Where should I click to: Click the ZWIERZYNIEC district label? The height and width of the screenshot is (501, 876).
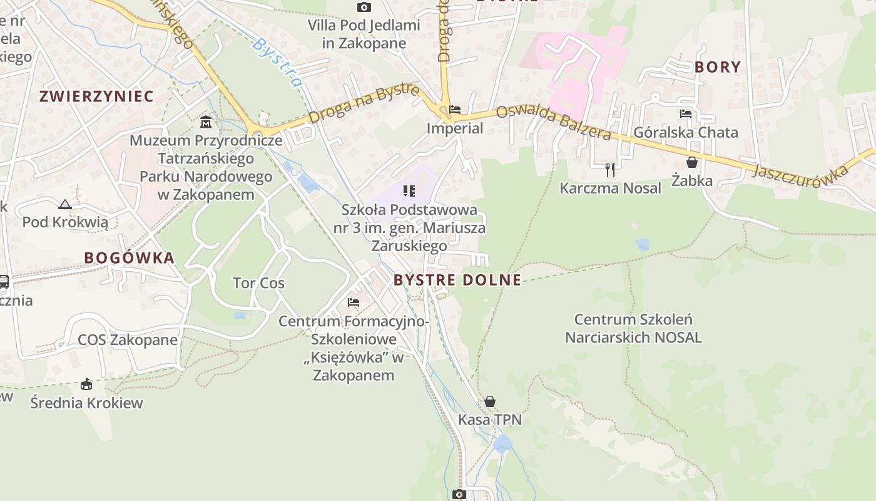(96, 96)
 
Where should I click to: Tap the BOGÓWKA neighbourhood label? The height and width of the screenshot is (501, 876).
(129, 257)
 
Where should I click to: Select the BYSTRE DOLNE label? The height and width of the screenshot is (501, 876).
(457, 280)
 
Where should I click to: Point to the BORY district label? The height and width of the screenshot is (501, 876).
(717, 67)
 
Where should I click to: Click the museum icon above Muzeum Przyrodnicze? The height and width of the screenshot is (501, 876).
(206, 121)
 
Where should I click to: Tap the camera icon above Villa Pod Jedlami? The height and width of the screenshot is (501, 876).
(364, 8)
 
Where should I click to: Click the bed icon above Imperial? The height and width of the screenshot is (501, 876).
(455, 110)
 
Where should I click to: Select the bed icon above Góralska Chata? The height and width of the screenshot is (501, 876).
(686, 114)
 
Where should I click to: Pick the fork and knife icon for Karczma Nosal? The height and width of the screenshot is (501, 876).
(610, 169)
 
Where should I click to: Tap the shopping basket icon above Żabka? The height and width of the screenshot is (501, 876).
(692, 162)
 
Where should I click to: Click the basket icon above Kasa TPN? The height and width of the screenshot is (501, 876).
(490, 401)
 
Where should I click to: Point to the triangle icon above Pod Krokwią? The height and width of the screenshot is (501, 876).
(65, 204)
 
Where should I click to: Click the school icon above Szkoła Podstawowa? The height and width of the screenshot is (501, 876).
(409, 191)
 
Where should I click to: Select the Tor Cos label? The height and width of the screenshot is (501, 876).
(258, 283)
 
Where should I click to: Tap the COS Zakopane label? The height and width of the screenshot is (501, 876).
(128, 340)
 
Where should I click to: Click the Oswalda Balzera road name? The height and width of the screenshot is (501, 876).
(553, 123)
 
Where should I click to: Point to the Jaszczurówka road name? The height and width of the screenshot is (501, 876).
(802, 172)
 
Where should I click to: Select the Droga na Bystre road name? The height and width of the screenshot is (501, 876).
(364, 104)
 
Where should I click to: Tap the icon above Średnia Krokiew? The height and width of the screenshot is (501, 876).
(86, 384)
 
